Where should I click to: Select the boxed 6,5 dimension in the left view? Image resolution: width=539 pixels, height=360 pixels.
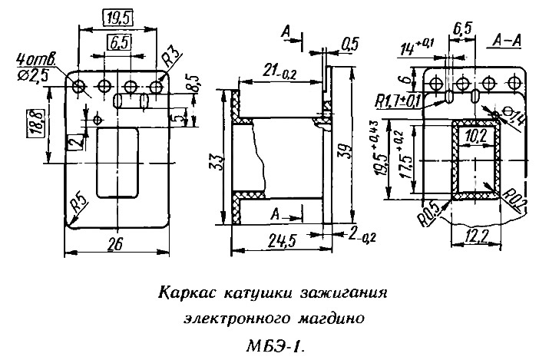(117, 44)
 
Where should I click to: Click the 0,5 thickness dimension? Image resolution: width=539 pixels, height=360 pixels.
(351, 45)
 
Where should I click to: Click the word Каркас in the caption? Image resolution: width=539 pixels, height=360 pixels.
(187, 293)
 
